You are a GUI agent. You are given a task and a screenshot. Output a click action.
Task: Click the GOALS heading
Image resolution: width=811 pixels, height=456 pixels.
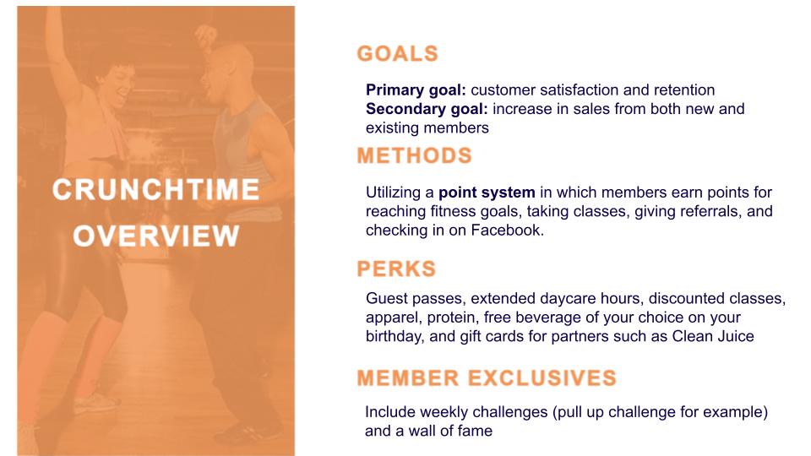pos(397,54)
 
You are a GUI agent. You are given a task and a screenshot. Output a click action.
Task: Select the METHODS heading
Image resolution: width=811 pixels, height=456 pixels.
pos(414,155)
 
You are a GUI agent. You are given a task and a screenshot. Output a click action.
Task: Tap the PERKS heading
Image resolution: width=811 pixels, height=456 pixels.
pos(396,269)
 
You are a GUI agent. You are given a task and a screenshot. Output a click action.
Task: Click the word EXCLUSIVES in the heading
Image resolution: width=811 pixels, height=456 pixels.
pos(542,378)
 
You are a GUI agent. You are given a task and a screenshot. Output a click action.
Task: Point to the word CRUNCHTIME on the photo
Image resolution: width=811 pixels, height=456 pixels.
pos(155,190)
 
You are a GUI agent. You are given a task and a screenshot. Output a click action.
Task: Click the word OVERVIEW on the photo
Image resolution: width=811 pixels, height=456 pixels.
pos(155,236)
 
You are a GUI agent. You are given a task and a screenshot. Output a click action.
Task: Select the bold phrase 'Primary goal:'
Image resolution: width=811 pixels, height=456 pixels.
pos(416,90)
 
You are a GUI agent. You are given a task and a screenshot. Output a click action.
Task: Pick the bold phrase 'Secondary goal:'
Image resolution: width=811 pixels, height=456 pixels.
pos(427,109)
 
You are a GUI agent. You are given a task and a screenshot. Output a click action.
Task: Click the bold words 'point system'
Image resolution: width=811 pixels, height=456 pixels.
pos(487,193)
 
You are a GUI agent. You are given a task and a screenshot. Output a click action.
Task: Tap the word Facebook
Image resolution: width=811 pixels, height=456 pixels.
pos(507,230)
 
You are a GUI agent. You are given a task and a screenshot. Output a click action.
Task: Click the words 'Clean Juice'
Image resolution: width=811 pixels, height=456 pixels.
pos(713,336)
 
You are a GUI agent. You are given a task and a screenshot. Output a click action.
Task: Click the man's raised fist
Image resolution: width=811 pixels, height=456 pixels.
pos(206,35)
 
